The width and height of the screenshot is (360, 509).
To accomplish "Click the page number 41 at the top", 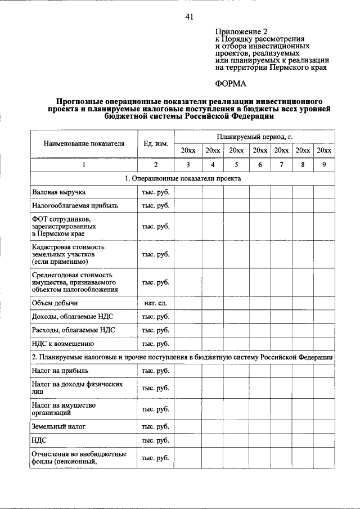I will (x=189, y=17).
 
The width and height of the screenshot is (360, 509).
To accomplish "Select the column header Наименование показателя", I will (x=84, y=143).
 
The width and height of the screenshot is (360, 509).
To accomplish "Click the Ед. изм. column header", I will (x=155, y=143).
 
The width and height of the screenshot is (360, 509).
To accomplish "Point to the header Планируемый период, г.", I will (x=254, y=137).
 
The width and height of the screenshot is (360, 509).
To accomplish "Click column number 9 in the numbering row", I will (x=324, y=165).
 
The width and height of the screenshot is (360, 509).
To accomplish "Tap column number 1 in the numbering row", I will (x=84, y=165).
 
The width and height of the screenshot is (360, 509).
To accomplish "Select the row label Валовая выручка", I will (x=58, y=192).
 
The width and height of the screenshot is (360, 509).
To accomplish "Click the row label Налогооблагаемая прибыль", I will (x=75, y=205).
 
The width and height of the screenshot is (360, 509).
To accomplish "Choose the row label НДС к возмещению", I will (x=62, y=343).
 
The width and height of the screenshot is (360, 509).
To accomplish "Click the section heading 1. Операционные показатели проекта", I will (x=183, y=178).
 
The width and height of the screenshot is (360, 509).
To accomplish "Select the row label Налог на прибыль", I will (x=60, y=371).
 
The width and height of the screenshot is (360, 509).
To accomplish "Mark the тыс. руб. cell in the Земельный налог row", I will (x=155, y=427).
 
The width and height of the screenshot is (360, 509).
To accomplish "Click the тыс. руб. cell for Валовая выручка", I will (x=155, y=192).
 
